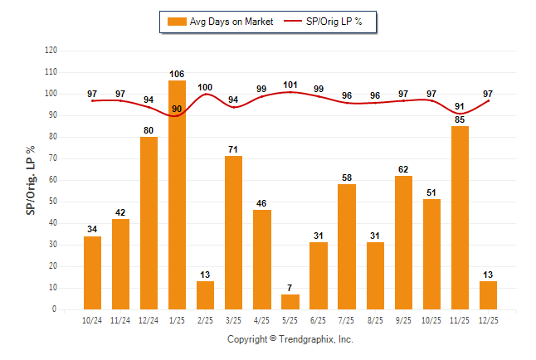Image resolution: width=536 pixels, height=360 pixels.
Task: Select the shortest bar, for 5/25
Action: pyautogui.click(x=290, y=302)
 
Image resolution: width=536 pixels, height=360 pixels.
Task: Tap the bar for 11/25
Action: pyautogui.click(x=460, y=217)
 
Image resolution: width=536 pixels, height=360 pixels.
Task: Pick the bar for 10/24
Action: pyautogui.click(x=92, y=273)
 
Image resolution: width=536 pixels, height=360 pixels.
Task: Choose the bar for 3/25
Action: pyautogui.click(x=234, y=232)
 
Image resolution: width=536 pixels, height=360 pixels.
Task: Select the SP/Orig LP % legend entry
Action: pyautogui.click(x=327, y=22)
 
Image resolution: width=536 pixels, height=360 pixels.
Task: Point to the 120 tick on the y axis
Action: pyautogui.click(x=51, y=51)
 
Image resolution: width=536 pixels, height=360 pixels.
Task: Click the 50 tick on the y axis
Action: pyautogui.click(x=52, y=202)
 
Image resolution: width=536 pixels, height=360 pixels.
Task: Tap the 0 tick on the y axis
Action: pyautogui.click(x=55, y=309)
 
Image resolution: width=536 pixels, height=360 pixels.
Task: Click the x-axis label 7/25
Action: pyautogui.click(x=347, y=319)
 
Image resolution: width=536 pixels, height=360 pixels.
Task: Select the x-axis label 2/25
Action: pyautogui.click(x=205, y=319)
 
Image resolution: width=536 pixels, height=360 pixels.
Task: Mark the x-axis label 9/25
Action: pyautogui.click(x=403, y=319)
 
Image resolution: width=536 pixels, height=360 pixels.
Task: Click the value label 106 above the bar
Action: pyautogui.click(x=177, y=73)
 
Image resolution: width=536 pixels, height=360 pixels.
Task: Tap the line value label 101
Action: pyautogui.click(x=290, y=85)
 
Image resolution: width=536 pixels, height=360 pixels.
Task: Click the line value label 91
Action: pyautogui.click(x=460, y=106)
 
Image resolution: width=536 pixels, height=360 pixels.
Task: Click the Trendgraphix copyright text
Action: pyautogui.click(x=290, y=339)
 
